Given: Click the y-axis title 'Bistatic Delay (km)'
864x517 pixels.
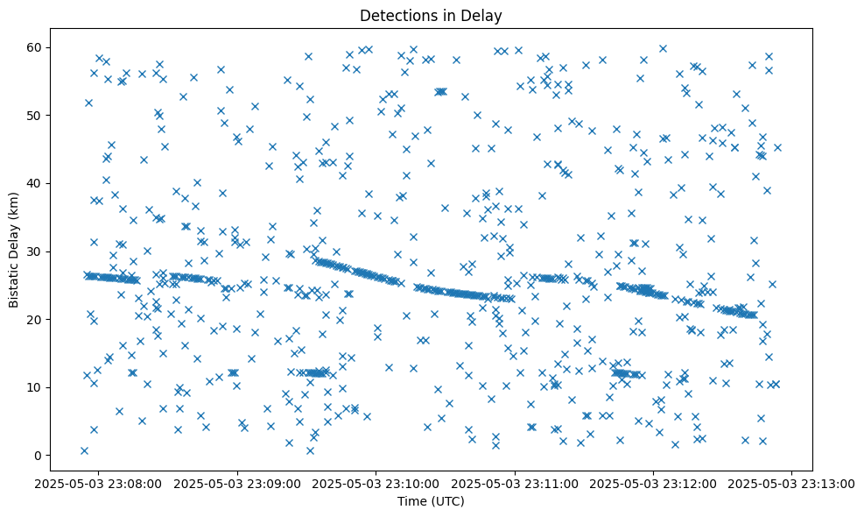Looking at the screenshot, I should tap(15, 251).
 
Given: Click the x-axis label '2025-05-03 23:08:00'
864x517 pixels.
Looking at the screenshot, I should tap(98, 482).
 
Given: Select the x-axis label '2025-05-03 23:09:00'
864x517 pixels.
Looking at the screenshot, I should tap(237, 482).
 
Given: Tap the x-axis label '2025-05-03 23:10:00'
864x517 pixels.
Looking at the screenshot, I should tap(376, 482).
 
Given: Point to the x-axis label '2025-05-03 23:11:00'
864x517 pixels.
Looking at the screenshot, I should tap(515, 482).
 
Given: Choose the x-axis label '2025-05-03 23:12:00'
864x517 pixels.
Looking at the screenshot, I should tap(654, 482).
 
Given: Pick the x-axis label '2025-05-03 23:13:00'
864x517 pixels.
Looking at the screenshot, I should tap(792, 482).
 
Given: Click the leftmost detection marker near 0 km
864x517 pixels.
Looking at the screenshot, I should tap(84, 450).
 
